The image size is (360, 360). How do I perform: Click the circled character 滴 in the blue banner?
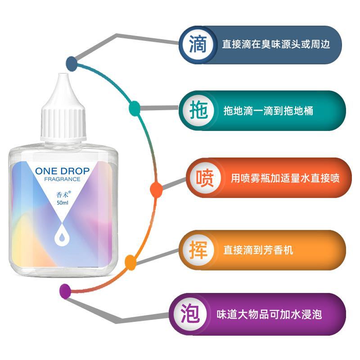[198, 44]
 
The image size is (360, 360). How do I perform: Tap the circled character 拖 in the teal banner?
[199, 110]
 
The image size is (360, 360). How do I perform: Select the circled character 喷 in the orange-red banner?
[205, 178]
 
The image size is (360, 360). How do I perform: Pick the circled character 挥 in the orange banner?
[198, 250]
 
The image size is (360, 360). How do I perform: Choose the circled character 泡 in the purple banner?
[190, 314]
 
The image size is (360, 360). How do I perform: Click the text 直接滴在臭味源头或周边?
[276, 44]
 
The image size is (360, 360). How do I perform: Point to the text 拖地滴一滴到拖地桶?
[268, 111]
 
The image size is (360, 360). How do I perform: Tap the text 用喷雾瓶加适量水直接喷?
[285, 178]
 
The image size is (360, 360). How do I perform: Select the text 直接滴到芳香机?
[258, 250]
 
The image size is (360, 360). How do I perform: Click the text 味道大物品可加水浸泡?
[269, 314]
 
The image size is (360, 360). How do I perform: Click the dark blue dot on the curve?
[72, 63]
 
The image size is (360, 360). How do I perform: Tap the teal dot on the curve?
[135, 108]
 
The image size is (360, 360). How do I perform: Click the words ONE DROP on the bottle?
[62, 171]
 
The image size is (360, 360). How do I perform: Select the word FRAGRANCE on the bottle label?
[62, 179]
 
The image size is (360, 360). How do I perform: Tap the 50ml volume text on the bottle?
[63, 203]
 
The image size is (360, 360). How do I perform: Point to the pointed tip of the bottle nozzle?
[63, 74]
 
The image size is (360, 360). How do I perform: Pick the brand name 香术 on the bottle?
[63, 195]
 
